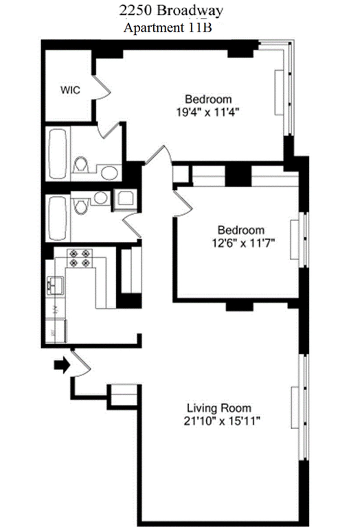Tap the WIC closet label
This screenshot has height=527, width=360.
pyautogui.click(x=70, y=90)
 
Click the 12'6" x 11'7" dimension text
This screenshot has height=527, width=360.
pyautogui.click(x=243, y=243)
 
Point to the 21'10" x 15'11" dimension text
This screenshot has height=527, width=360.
pyautogui.click(x=221, y=421)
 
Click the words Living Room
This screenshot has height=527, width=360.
pyautogui.click(x=219, y=408)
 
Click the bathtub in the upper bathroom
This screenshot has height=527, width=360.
pyautogui.click(x=58, y=153)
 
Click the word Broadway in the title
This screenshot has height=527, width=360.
pyautogui.click(x=190, y=11)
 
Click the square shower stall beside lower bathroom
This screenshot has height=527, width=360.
pyautogui.click(x=125, y=199)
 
